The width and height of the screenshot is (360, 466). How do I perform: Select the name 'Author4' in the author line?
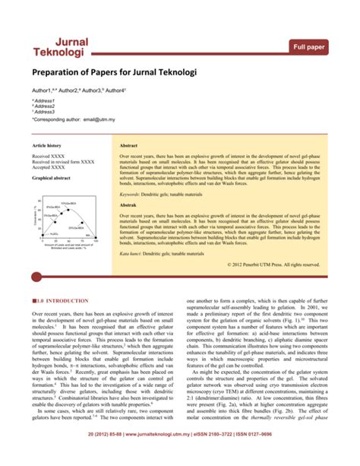[x=115, y=90]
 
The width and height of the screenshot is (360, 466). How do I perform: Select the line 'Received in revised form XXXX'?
[x=63, y=162]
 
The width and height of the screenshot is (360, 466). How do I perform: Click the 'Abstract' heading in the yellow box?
[x=128, y=144]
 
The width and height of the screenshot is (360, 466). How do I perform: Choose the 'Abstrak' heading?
[x=128, y=205]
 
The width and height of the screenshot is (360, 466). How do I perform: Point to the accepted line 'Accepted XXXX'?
[x=49, y=167]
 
